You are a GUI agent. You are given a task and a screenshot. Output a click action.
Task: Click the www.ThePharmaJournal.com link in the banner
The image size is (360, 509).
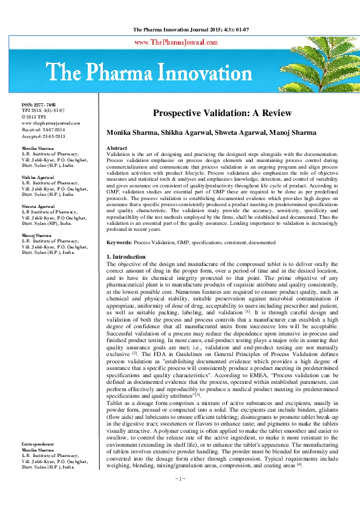175,42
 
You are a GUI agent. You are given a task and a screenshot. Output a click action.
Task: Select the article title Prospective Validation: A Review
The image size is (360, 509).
214,113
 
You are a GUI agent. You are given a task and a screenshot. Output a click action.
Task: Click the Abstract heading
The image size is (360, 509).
117,148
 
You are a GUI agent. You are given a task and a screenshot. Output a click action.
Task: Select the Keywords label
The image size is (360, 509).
119,242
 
